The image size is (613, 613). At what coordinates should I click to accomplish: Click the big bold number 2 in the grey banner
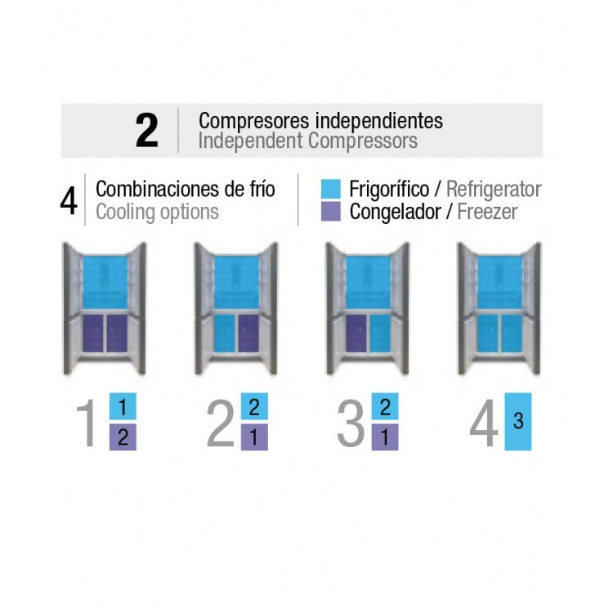(146, 131)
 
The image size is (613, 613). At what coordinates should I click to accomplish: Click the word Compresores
(254, 121)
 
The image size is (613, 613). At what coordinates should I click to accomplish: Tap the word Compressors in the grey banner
(363, 141)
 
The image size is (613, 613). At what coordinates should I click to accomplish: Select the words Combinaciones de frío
(186, 190)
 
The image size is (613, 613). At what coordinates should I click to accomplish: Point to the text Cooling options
(157, 213)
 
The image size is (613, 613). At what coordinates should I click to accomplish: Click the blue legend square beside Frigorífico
(330, 189)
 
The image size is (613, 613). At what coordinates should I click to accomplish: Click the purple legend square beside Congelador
(330, 212)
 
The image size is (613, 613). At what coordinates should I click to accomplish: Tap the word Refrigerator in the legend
(494, 190)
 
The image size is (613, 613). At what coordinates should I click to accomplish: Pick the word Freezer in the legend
(487, 212)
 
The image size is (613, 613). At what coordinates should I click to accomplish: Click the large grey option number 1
(87, 423)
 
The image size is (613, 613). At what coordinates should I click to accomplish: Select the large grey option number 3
(351, 423)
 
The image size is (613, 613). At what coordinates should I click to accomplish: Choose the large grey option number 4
(484, 423)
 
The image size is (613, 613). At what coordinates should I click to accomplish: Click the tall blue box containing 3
(518, 422)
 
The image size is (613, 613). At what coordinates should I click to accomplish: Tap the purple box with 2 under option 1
(123, 437)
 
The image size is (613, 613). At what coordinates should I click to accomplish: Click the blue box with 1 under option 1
(123, 406)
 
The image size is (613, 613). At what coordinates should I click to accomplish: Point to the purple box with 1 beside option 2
(254, 437)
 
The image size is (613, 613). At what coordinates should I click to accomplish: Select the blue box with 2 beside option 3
(385, 406)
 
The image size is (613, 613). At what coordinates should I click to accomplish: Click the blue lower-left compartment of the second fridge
(225, 333)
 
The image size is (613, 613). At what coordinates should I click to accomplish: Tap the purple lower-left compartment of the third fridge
(356, 333)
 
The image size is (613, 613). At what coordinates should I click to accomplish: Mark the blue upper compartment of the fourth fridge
(499, 282)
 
